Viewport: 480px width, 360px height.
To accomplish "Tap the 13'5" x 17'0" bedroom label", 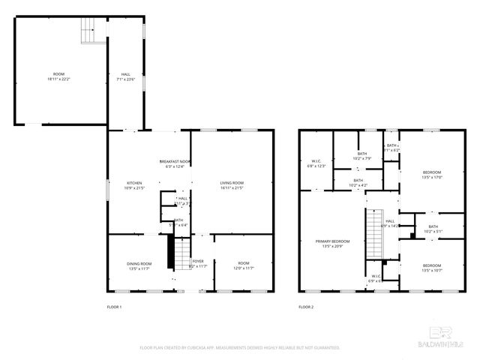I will click(x=432, y=175).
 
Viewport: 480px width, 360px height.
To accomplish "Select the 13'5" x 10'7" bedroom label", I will click(x=431, y=268).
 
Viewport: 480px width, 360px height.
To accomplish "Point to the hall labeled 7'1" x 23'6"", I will click(x=125, y=76).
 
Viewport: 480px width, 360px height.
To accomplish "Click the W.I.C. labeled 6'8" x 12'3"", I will click(x=316, y=163).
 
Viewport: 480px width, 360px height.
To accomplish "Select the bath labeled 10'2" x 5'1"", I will click(x=433, y=229).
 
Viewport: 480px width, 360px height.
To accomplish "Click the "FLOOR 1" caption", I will click(x=115, y=307).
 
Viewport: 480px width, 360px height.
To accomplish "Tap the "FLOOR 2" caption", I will click(x=305, y=307).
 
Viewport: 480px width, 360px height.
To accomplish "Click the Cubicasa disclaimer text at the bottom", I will click(x=240, y=348).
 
